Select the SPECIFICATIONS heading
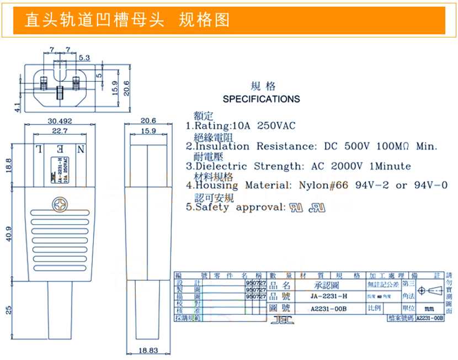(261, 99)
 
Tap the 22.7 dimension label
(59, 131)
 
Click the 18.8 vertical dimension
(8, 165)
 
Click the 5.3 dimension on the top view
(84, 57)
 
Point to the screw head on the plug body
(58, 205)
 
